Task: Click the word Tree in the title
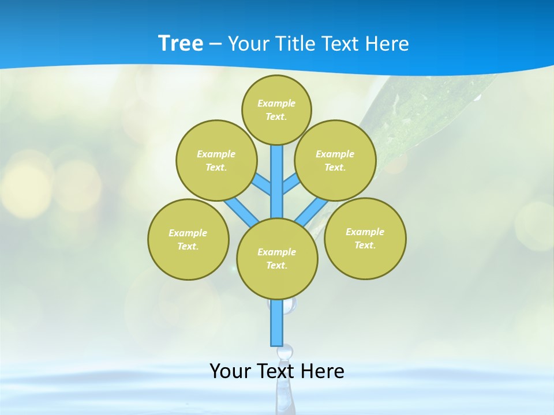[x=181, y=44]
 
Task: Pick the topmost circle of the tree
[x=276, y=110]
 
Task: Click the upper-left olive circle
[x=216, y=160]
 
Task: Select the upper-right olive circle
[x=335, y=160]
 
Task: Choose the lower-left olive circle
[x=188, y=239]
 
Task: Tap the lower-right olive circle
[x=365, y=238]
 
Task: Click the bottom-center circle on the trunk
[x=277, y=258]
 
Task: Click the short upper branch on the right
[x=291, y=184]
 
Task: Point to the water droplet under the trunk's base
[x=285, y=351]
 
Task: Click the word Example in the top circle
[x=276, y=103]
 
